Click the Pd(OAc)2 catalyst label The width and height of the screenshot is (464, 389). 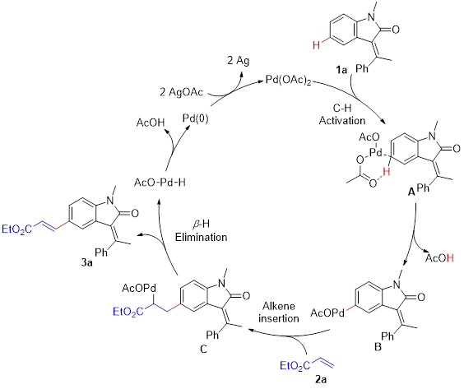[288, 81]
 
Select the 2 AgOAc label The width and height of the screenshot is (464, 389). [181, 92]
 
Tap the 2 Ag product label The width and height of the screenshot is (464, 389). [239, 60]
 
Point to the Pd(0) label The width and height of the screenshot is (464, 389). [195, 118]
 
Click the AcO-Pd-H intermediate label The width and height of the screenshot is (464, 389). [160, 183]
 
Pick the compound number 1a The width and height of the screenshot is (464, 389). [341, 70]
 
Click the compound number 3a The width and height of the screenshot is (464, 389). [86, 262]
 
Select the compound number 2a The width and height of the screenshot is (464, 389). [321, 379]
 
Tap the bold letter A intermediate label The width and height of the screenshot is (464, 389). [411, 192]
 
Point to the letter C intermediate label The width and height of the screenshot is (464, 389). [203, 349]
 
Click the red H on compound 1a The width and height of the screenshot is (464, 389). [317, 45]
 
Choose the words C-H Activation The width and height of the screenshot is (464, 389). [342, 114]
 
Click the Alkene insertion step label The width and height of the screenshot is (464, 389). [278, 312]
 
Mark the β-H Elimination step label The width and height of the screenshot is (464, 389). [202, 231]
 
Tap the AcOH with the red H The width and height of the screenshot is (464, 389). [439, 258]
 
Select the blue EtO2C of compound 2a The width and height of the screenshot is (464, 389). [295, 366]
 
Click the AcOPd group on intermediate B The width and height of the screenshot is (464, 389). [327, 313]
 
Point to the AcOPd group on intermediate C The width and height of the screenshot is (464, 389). [139, 288]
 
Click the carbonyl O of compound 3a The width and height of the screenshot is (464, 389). [135, 213]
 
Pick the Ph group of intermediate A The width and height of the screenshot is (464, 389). [423, 188]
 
